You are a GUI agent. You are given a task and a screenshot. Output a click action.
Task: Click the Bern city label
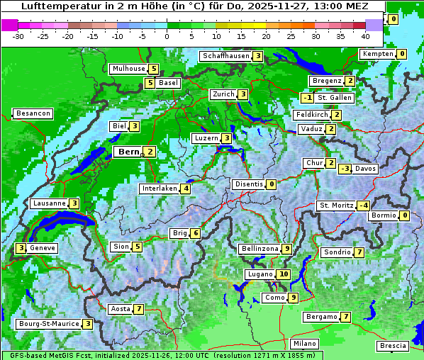tap(128, 152)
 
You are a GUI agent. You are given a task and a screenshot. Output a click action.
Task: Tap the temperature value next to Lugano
tap(284, 274)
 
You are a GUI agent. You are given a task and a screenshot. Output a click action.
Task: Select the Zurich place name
tap(223, 94)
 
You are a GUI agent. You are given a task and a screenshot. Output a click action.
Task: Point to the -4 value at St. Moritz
tap(363, 206)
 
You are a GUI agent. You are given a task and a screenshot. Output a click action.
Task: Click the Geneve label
tap(42, 248)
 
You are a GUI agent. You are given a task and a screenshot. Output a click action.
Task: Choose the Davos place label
tap(365, 169)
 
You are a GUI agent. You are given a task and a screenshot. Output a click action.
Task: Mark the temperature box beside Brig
tap(195, 233)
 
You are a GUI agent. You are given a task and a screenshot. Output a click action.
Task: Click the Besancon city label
tap(33, 113)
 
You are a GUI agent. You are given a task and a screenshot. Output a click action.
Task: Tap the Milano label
tap(305, 343)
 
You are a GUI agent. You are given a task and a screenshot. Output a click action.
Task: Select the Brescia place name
tap(393, 346)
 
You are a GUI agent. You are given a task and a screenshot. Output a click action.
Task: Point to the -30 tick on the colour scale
tap(18, 35)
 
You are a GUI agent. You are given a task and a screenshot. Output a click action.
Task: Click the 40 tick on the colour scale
tap(365, 35)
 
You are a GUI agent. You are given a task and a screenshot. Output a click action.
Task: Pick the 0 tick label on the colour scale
tap(167, 35)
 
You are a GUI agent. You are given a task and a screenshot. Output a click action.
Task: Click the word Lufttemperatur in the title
tap(54, 6)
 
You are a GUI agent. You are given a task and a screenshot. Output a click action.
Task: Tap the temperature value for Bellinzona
tap(286, 249)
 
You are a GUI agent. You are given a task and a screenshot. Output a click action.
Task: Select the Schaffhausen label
tap(225, 56)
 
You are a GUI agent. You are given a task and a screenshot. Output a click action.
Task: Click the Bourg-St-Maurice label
tap(48, 324)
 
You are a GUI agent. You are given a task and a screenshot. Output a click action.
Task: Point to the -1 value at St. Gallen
tap(306, 98)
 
